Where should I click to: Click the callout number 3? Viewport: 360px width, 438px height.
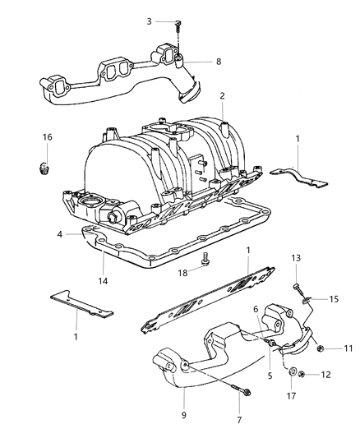tap(150, 21)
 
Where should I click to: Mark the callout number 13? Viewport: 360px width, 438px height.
tap(295, 258)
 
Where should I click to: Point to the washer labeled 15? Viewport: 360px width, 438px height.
tap(308, 301)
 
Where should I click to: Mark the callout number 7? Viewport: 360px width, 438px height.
tap(238, 422)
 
